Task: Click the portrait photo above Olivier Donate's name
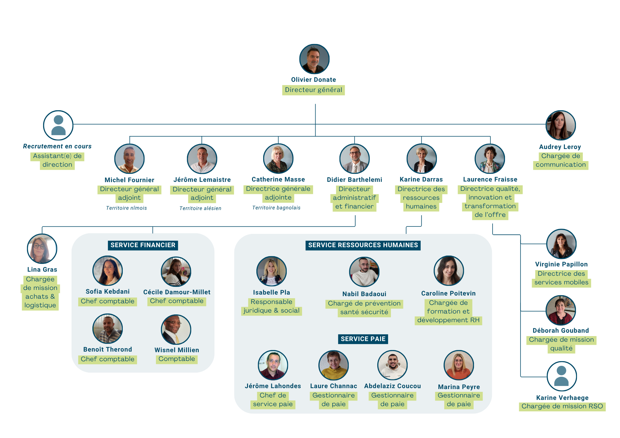tap(314, 59)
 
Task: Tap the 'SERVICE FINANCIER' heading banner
tap(143, 245)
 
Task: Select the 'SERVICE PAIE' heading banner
tap(363, 339)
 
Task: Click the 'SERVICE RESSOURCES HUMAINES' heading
tap(363, 245)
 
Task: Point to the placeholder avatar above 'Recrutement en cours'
tap(58, 125)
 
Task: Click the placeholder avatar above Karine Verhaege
tap(561, 376)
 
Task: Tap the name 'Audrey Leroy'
tap(560, 147)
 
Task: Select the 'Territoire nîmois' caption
tap(126, 208)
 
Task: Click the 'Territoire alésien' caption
tap(200, 208)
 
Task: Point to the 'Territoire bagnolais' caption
tap(276, 208)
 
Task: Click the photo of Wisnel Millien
tap(176, 330)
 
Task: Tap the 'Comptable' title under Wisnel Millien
tap(177, 359)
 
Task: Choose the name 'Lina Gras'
tap(42, 269)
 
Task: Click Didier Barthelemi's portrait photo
tap(354, 159)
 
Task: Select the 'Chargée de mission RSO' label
tap(562, 406)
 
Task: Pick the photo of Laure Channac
tap(334, 365)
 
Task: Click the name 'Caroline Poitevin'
tap(448, 293)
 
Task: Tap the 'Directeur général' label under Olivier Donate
tap(313, 90)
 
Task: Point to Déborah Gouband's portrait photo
tap(560, 310)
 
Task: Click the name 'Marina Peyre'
tap(459, 387)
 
